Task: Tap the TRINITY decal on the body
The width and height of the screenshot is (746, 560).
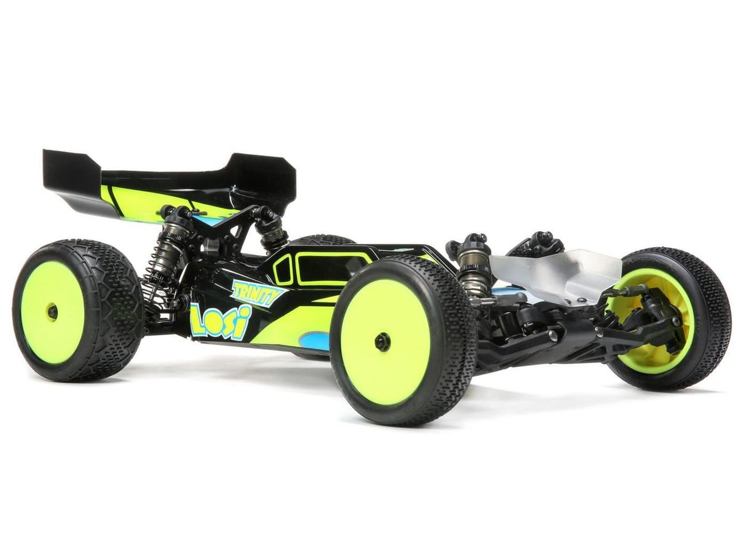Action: (x=257, y=293)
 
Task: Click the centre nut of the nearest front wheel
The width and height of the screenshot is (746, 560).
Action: (x=383, y=342)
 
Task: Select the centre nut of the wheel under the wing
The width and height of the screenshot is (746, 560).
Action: (x=52, y=312)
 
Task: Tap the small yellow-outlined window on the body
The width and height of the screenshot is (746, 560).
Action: (x=283, y=270)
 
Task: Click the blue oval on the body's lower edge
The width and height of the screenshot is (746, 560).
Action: (x=314, y=340)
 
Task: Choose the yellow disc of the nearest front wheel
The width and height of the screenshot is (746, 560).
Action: (x=385, y=341)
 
